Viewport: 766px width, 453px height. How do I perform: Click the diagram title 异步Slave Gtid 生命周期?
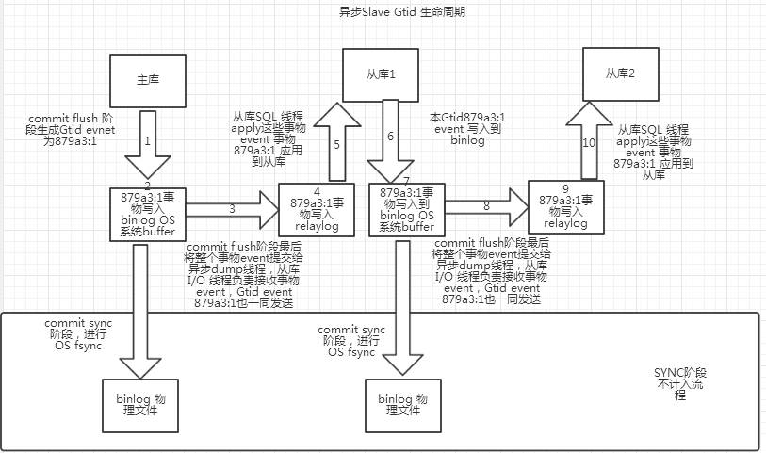tap(401, 11)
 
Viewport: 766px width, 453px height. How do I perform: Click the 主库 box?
tap(148, 81)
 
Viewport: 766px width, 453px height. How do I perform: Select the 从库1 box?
tap(381, 74)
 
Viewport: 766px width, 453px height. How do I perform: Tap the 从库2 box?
tap(620, 73)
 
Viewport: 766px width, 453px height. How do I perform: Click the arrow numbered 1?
tap(148, 144)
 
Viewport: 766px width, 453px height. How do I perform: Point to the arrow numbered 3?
tap(233, 210)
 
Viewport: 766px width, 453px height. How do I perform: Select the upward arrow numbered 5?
tap(337, 142)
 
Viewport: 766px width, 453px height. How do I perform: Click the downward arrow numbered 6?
tap(390, 141)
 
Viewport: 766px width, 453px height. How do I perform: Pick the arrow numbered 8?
tap(487, 207)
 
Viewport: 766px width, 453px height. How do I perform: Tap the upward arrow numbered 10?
tap(590, 140)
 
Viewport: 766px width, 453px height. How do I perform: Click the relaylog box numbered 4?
tap(317, 210)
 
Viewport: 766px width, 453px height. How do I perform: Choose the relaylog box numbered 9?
tap(566, 207)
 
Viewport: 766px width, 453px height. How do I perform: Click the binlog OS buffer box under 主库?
tap(148, 215)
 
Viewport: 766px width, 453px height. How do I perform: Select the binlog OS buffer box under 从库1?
tap(407, 210)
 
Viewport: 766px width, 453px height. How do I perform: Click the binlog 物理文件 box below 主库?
tap(140, 406)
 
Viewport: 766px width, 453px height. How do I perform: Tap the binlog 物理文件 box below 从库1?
tap(403, 406)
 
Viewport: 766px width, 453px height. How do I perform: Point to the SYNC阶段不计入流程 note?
tap(680, 384)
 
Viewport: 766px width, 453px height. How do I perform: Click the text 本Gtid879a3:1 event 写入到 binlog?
tap(467, 129)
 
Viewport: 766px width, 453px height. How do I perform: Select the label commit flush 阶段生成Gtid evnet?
tap(72, 124)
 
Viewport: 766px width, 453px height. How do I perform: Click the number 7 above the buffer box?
tap(406, 181)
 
